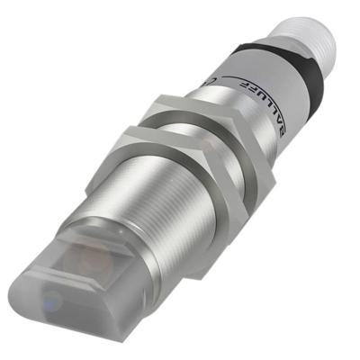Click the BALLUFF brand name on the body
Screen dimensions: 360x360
(x=270, y=110)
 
